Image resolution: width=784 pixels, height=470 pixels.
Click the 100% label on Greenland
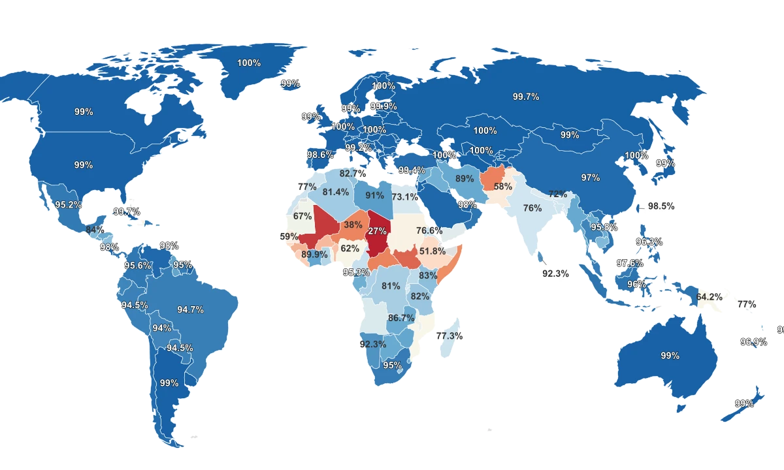click(x=249, y=63)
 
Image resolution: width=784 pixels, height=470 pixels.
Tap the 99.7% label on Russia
click(x=526, y=97)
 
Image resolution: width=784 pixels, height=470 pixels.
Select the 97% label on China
click(x=590, y=178)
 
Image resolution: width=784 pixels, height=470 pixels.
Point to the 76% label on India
click(x=532, y=208)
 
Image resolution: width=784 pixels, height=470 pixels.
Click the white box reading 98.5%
click(x=661, y=206)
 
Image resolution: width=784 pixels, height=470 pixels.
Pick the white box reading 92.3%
click(x=556, y=274)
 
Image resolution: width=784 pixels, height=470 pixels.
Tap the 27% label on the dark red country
click(x=378, y=231)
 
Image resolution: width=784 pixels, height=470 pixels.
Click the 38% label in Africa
click(x=353, y=225)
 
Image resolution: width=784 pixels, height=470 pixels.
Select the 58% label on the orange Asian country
click(x=502, y=186)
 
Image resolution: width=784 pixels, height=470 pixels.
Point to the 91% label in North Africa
click(x=374, y=195)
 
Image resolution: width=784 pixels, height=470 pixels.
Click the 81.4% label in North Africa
click(x=336, y=192)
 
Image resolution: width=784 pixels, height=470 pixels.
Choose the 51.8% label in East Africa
click(x=433, y=251)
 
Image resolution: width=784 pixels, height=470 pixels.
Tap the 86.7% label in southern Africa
click(x=401, y=318)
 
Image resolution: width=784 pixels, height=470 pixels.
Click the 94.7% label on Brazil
click(x=190, y=309)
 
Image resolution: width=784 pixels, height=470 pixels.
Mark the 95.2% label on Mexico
click(x=68, y=204)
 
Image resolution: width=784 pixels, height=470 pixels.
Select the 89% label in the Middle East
click(x=465, y=179)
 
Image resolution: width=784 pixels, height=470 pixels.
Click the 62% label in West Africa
click(x=350, y=249)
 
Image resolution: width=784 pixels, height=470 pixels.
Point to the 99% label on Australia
click(x=670, y=356)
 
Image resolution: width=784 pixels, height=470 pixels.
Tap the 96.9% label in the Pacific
click(x=753, y=341)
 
